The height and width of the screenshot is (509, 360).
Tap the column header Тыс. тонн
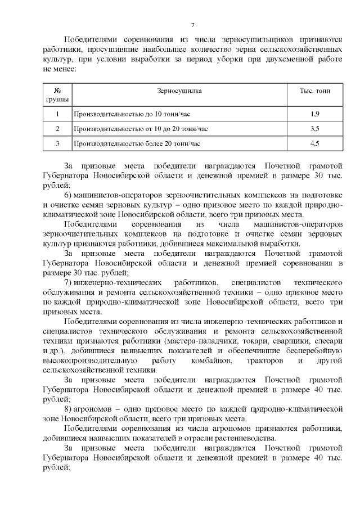tap(315, 91)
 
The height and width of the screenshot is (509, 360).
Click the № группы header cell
tap(57, 95)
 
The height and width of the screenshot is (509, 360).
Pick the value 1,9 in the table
tap(315, 114)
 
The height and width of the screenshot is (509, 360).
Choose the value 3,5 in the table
tap(315, 129)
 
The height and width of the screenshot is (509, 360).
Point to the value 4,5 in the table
tap(315, 143)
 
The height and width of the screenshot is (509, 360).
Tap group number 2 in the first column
tap(57, 129)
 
